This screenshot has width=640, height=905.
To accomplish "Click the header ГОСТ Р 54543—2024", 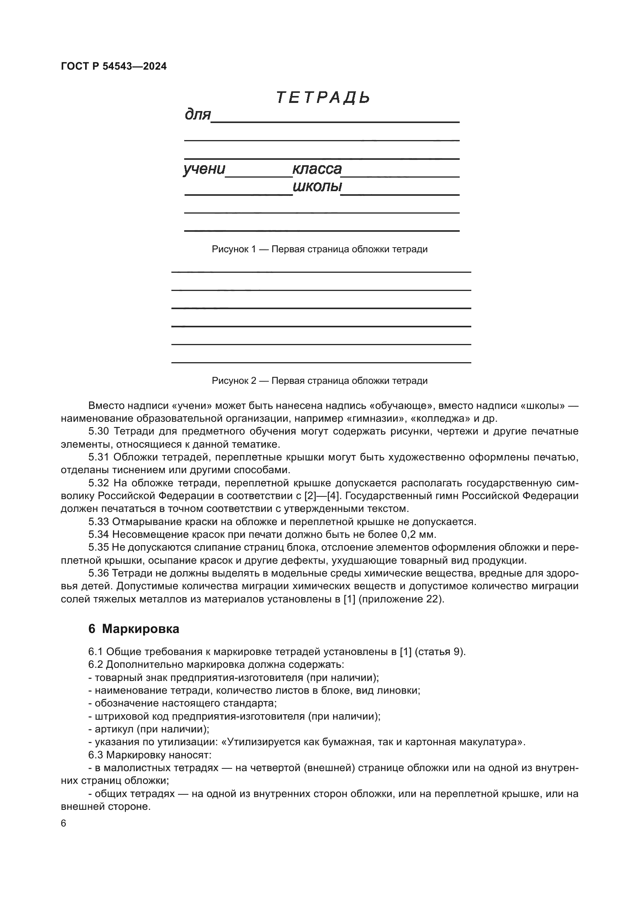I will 114,66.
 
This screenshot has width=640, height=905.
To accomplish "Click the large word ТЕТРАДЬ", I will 323,98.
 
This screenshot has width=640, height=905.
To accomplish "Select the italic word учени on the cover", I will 204,169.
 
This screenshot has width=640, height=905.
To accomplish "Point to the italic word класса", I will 317,169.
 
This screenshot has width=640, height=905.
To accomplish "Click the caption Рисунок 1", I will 320,249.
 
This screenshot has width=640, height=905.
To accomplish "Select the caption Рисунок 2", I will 320,380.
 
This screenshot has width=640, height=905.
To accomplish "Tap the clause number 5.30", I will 99,431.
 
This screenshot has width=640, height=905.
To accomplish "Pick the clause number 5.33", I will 99,522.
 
